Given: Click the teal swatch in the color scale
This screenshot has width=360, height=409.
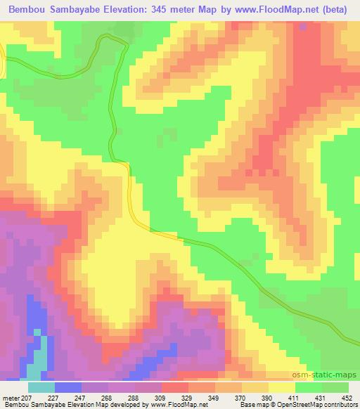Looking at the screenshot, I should (41, 387).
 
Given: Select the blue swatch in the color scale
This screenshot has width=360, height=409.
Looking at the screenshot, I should (68, 387).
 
